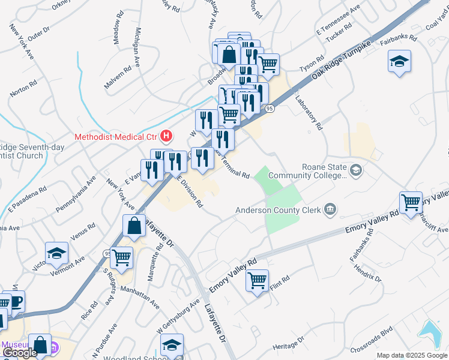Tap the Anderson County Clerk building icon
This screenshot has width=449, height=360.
330,209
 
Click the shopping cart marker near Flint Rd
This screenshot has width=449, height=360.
257,280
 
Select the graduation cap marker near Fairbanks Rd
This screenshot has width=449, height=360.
399,61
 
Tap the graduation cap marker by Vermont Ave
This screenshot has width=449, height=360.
57,254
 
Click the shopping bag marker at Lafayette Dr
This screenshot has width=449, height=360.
134,226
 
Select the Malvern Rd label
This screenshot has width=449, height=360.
117,78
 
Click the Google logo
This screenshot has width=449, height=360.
20,353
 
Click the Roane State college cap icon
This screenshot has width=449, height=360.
356,171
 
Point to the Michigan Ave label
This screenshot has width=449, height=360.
137,46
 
